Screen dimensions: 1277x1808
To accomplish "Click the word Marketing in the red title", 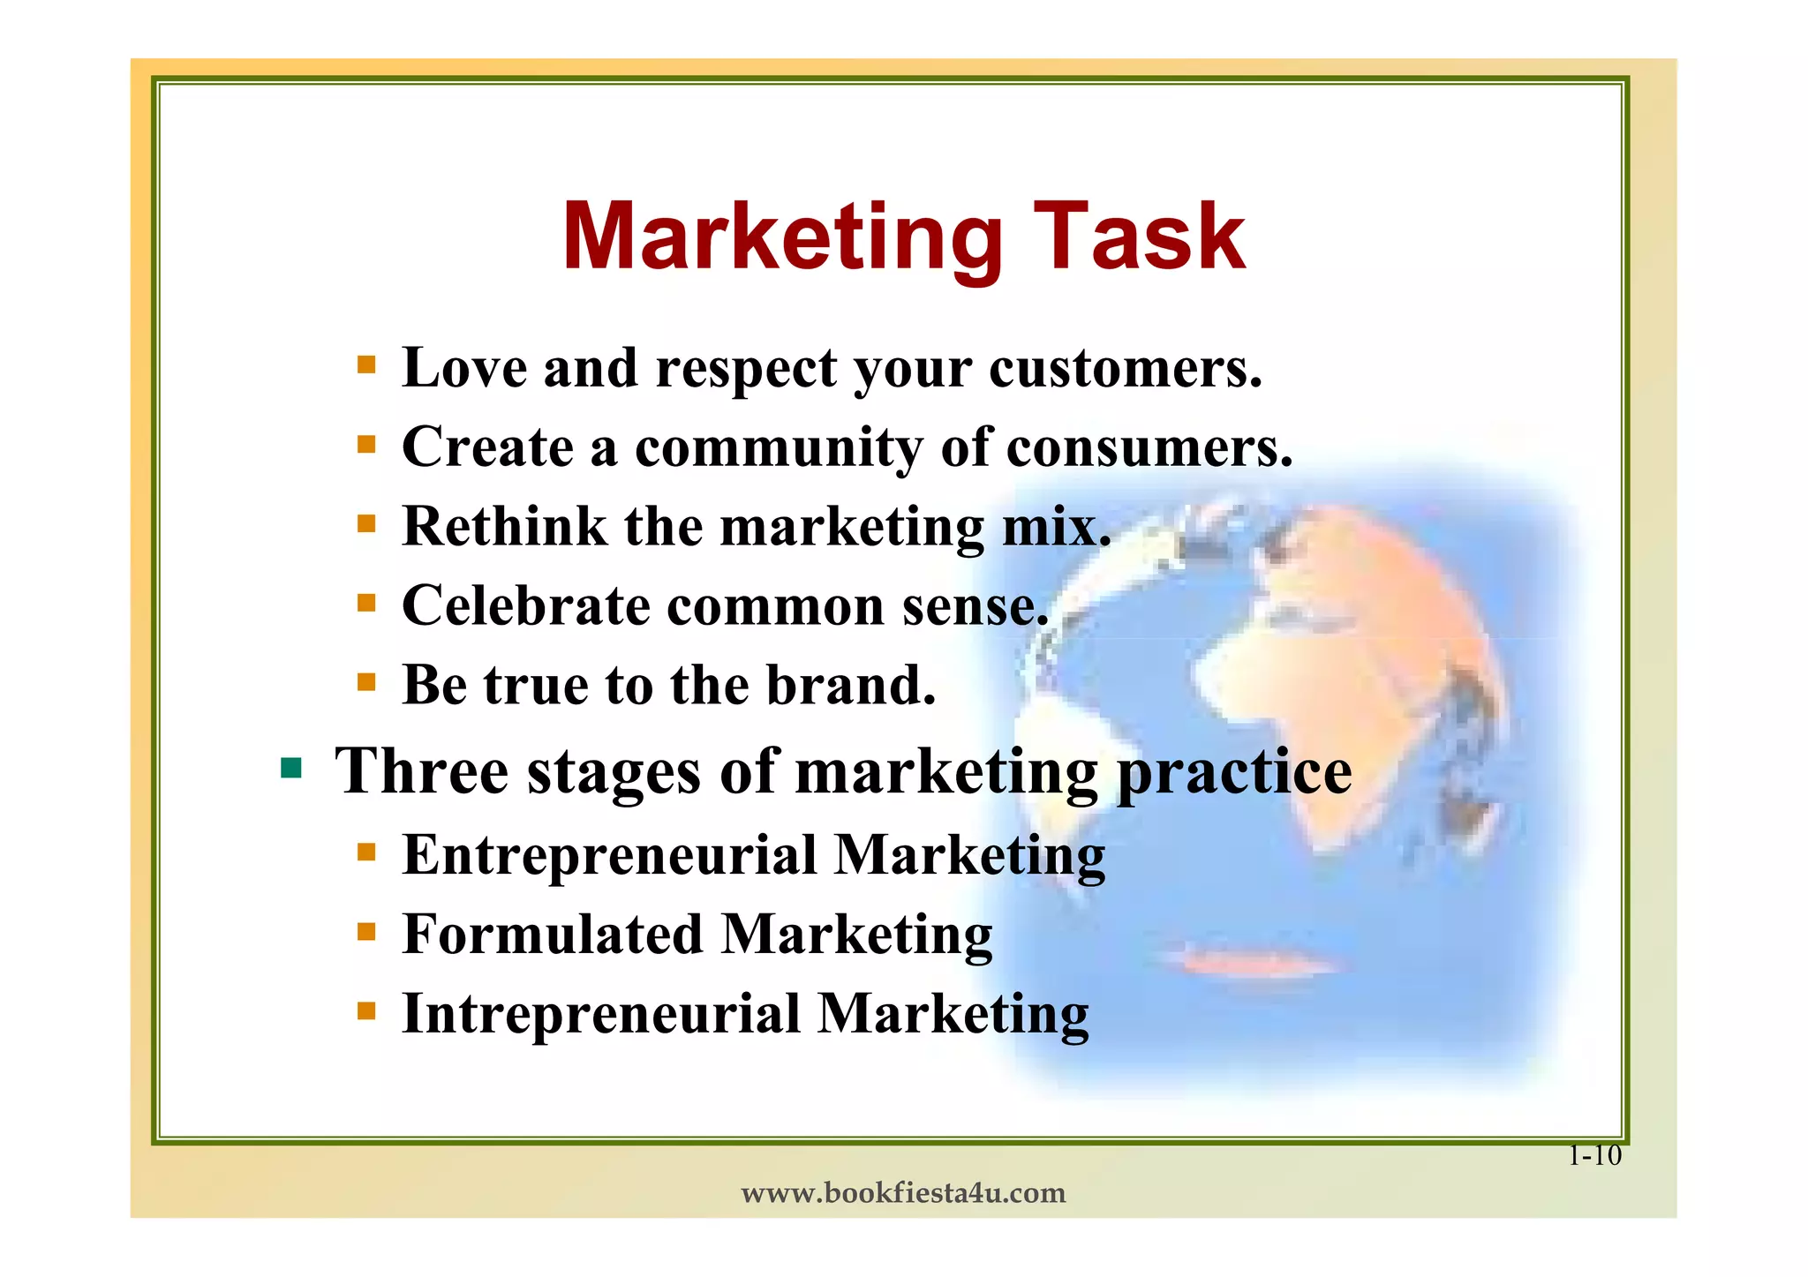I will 782,238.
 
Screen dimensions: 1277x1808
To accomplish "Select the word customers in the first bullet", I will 1126,369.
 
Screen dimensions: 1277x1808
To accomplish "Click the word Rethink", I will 504,527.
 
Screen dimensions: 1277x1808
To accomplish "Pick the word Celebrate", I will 526,606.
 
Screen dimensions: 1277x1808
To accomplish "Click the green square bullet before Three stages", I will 290,768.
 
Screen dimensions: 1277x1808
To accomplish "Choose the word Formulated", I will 553,935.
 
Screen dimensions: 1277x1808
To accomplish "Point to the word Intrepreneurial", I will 601,1014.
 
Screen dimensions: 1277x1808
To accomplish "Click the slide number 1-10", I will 1594,1155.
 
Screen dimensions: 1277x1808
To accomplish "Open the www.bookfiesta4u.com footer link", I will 903,1193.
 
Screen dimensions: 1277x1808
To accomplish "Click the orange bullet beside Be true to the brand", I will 366,682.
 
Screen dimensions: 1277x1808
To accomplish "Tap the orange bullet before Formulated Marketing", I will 366,931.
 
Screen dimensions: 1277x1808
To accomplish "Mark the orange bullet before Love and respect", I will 366,364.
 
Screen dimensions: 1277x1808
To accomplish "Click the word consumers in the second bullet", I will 1149,448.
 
